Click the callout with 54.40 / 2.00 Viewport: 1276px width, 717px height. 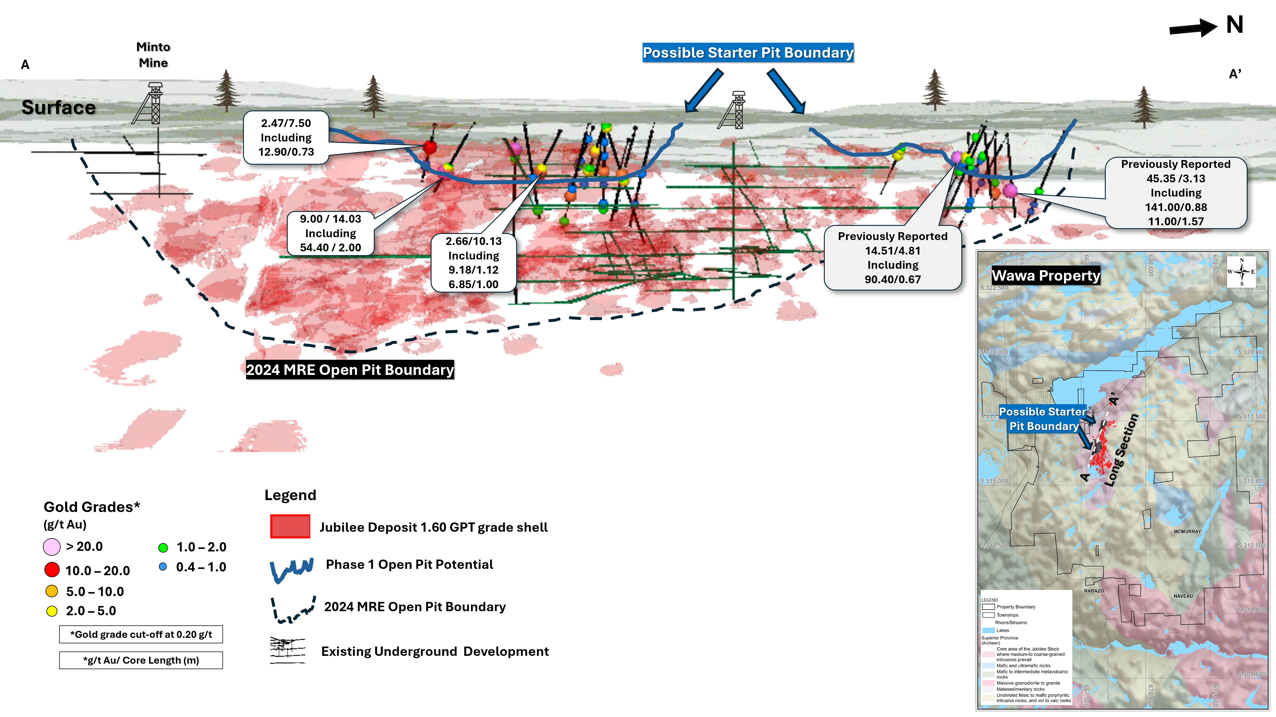point(330,233)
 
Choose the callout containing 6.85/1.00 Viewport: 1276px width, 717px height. point(474,262)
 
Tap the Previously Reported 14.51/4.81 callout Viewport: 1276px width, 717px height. point(892,257)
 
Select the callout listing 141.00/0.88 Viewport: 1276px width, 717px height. point(1175,193)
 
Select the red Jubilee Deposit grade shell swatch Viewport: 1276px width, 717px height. point(290,526)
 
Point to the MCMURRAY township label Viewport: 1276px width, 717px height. point(1187,531)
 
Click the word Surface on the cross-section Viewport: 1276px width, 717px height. point(59,108)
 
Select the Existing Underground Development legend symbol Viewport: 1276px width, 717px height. point(287,650)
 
